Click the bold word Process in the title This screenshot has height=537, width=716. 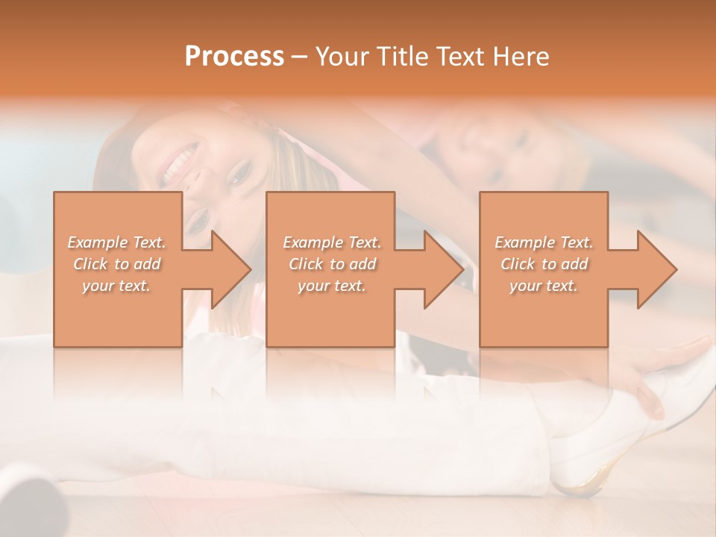(234, 56)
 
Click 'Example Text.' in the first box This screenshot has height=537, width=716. (117, 242)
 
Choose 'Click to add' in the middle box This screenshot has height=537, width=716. (332, 264)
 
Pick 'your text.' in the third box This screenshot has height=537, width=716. (544, 286)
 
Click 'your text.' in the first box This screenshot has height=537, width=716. (117, 286)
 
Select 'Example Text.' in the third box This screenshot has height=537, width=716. (544, 242)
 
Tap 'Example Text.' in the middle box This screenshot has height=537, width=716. (332, 242)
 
